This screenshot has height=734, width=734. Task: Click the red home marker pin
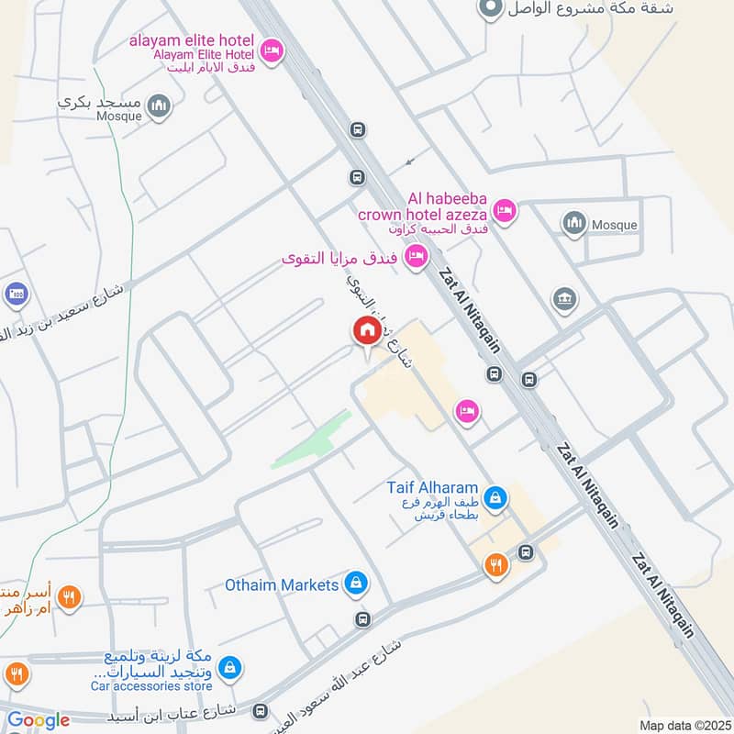(x=366, y=331)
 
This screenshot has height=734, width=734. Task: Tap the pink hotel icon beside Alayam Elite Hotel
(x=271, y=51)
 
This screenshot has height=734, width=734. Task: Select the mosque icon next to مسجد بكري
(x=161, y=106)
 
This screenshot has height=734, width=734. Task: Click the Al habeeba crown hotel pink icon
(x=505, y=212)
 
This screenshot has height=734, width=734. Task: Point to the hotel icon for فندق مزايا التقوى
(x=417, y=257)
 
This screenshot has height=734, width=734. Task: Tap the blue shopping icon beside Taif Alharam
(x=495, y=497)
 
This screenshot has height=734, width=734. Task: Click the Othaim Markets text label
(x=282, y=584)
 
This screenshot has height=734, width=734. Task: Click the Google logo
(x=39, y=720)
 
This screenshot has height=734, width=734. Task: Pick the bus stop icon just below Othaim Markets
(x=363, y=619)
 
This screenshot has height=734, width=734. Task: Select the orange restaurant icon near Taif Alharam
(x=496, y=565)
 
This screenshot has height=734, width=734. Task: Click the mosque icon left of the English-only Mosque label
(x=574, y=224)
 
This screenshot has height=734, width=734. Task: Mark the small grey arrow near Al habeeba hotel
(x=410, y=162)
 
